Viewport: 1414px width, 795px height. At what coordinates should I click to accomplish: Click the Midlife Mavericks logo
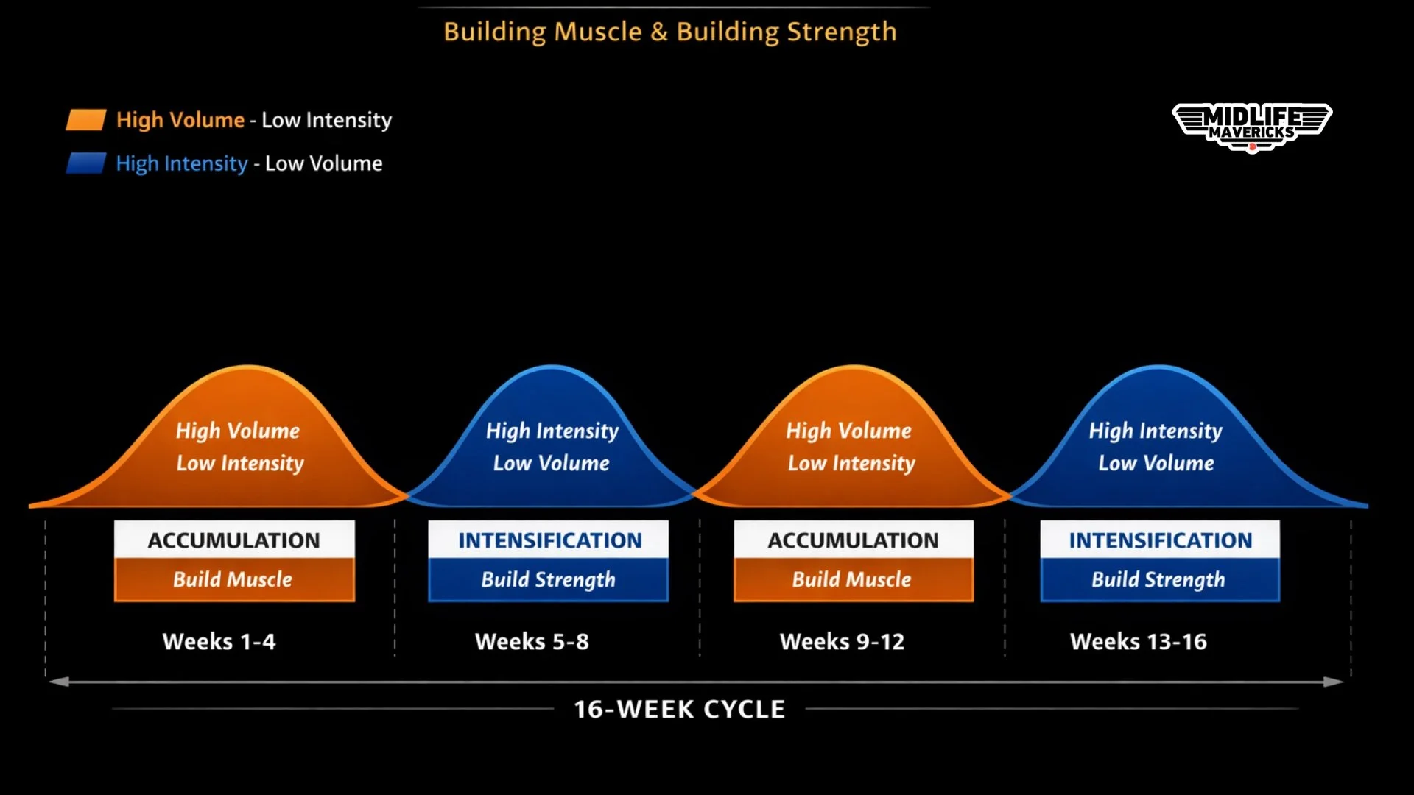(1252, 127)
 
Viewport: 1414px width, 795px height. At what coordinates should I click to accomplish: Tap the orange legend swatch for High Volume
(86, 120)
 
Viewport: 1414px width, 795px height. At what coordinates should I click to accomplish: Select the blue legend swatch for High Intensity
(86, 163)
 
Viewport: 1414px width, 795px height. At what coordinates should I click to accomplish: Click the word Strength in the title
(841, 32)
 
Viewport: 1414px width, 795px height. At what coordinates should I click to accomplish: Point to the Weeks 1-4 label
(219, 641)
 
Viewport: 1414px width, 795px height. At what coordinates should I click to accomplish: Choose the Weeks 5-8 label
(532, 641)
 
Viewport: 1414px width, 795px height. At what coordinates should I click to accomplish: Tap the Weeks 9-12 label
(842, 641)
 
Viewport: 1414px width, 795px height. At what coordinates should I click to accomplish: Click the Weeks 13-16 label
(1138, 641)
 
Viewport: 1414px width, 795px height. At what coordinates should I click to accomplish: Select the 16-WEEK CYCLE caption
(679, 709)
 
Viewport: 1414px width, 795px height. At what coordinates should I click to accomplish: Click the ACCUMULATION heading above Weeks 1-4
(234, 540)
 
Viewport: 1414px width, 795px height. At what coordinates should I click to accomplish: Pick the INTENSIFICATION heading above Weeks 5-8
(549, 540)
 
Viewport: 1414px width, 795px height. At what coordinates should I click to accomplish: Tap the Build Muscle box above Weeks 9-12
(853, 579)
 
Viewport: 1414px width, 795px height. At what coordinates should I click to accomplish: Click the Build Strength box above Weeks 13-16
(1159, 579)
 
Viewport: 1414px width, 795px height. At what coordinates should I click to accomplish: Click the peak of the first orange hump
(247, 367)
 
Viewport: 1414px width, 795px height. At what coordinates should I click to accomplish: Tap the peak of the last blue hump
(1158, 367)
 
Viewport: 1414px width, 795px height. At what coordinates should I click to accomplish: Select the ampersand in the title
(659, 32)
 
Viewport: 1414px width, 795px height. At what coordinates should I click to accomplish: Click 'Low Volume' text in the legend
(323, 163)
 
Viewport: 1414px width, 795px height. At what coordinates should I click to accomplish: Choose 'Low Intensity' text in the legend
(326, 120)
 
